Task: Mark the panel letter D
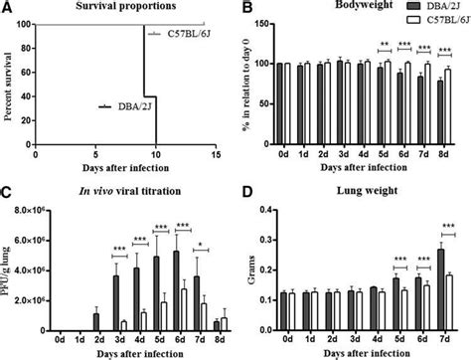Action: [244, 191]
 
